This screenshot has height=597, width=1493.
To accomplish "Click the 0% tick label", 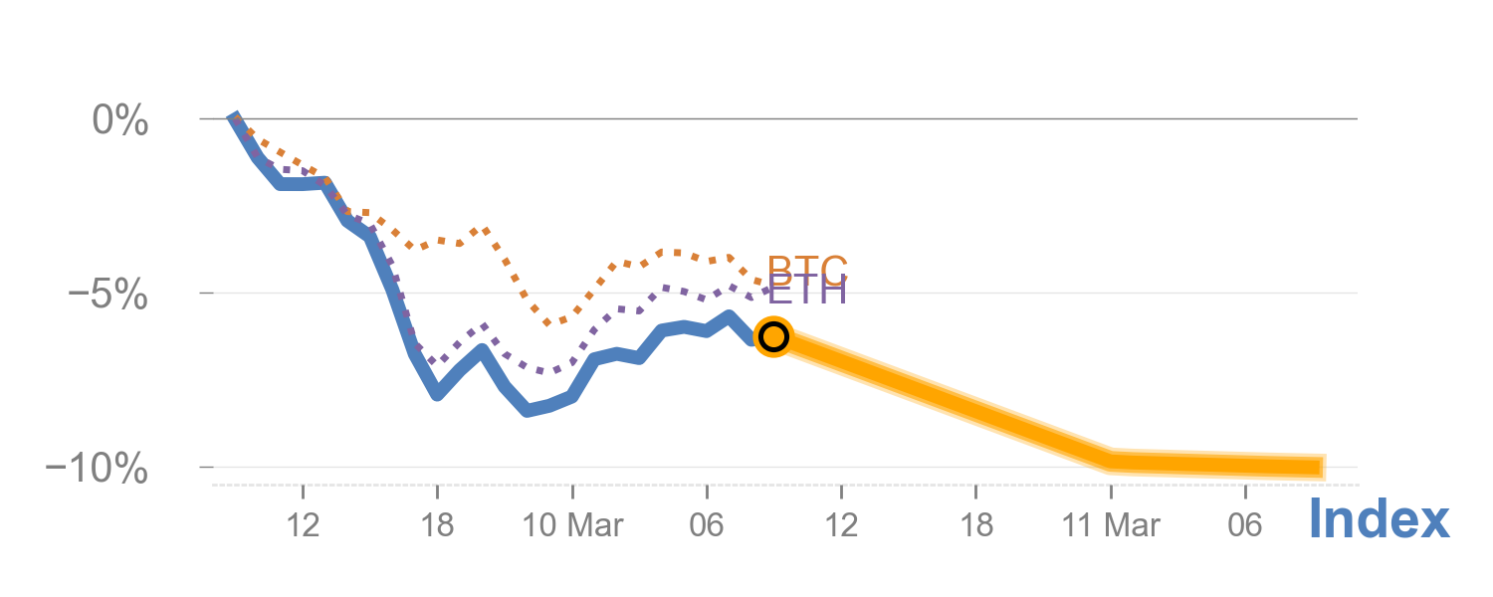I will pos(120,122).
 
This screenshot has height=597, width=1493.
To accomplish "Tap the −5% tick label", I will pos(107,296).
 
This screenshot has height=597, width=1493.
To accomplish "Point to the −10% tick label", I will pos(98,469).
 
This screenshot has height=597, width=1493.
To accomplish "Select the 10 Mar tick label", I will pos(572,524).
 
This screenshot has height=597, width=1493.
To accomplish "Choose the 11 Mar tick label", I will pos(1111,524).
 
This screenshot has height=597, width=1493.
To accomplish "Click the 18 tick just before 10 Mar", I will pos(437,524).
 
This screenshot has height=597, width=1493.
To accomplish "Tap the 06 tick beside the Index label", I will pos(1245,524).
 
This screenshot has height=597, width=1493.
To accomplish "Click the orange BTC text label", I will pos(807,267).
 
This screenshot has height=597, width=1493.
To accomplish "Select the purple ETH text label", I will pos(807,293).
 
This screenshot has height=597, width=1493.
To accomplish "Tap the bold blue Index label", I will pos(1379,519).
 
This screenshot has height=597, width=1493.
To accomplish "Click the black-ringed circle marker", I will pos(773,337).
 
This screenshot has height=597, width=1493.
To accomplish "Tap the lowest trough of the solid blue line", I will pos(528,410).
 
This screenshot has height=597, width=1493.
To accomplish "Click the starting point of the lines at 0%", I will pos(233,117).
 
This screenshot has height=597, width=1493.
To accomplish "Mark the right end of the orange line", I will pos(1324,467).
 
